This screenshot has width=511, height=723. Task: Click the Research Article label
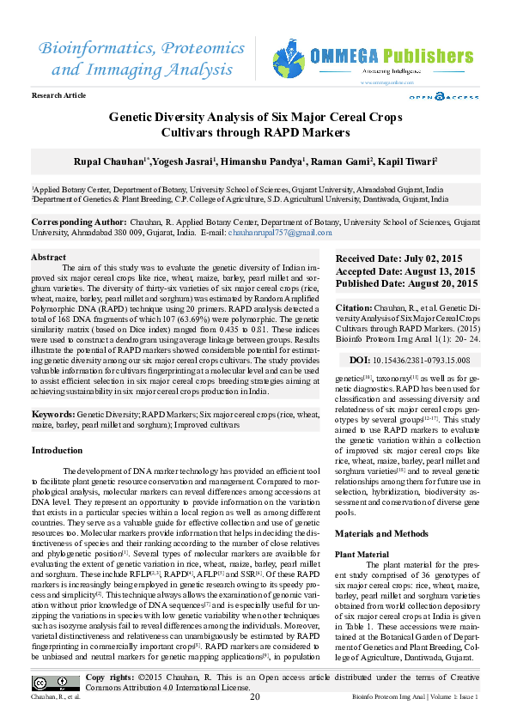click(58, 95)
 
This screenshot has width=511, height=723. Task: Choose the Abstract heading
click(48, 258)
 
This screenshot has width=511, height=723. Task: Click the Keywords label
click(52, 414)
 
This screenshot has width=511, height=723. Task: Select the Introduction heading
click(57, 451)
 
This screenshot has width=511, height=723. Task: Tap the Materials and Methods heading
click(381, 534)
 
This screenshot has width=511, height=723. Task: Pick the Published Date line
click(406, 283)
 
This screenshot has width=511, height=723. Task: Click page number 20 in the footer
click(255, 696)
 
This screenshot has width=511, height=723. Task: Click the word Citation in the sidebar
click(353, 307)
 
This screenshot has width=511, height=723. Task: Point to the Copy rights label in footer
click(108, 677)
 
